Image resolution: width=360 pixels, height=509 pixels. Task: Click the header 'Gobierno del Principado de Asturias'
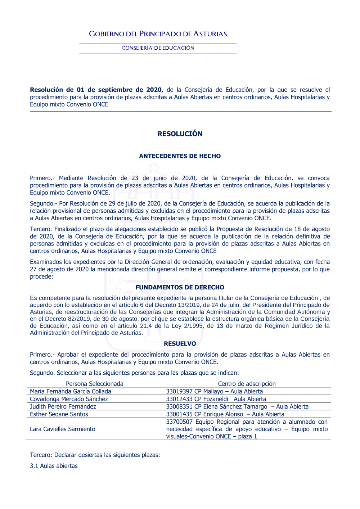[158, 34]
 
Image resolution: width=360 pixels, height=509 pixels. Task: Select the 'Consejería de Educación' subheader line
[158, 48]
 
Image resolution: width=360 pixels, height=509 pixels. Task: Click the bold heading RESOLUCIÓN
[180, 134]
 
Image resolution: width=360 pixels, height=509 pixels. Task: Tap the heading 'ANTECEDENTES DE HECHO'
[180, 156]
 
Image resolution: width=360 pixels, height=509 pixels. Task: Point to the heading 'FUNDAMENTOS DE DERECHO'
[180, 287]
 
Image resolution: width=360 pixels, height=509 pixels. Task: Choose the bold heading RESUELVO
[180, 344]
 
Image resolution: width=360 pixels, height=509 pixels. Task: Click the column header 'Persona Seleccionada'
[94, 384]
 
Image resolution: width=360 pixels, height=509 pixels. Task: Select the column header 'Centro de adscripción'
[247, 384]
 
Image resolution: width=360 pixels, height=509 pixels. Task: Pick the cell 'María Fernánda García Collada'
[71, 391]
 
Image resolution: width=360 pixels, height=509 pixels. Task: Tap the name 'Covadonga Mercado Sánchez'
[69, 399]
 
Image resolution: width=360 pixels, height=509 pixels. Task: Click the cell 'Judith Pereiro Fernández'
[63, 406]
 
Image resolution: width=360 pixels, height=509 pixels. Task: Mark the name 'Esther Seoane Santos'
[59, 414]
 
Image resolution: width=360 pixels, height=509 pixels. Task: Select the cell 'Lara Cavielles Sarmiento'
[63, 429]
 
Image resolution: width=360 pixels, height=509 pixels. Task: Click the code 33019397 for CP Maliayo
[179, 391]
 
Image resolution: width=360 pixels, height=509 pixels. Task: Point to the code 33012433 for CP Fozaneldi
[179, 399]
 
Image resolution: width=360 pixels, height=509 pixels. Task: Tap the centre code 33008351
[179, 406]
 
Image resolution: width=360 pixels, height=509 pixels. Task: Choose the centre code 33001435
[179, 414]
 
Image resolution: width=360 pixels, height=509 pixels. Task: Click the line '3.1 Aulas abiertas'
[54, 466]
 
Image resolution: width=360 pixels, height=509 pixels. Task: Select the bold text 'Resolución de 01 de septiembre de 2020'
[96, 90]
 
